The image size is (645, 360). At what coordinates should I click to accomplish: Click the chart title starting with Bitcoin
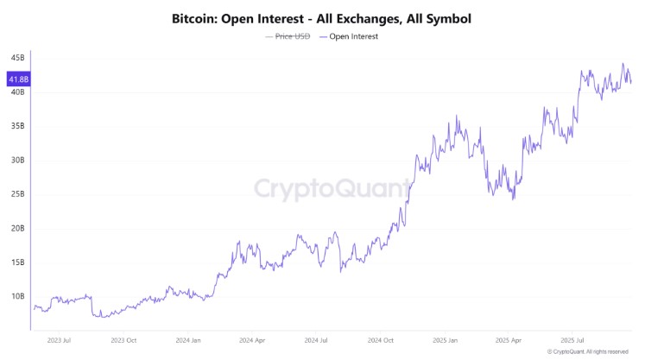tap(322, 17)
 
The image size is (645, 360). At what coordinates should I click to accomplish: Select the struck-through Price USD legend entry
tap(288, 36)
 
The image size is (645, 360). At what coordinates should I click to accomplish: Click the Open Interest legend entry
tap(352, 36)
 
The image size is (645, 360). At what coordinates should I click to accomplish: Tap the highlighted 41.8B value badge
tap(18, 79)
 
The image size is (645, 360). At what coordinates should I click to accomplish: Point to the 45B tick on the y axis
tap(18, 58)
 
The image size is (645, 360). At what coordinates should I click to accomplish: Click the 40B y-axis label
tap(18, 92)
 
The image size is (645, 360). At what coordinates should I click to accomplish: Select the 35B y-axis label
tap(18, 126)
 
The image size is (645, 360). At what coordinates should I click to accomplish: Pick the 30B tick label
tap(18, 160)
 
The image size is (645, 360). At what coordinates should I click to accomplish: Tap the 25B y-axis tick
tap(18, 194)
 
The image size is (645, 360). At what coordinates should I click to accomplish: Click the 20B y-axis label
tap(18, 228)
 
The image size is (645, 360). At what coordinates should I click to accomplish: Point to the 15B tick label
tap(18, 262)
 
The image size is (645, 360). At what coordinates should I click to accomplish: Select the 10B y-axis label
tap(18, 296)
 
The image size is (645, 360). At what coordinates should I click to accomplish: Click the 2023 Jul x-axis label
tap(60, 339)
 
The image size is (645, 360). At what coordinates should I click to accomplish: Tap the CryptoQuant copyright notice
tap(588, 352)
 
